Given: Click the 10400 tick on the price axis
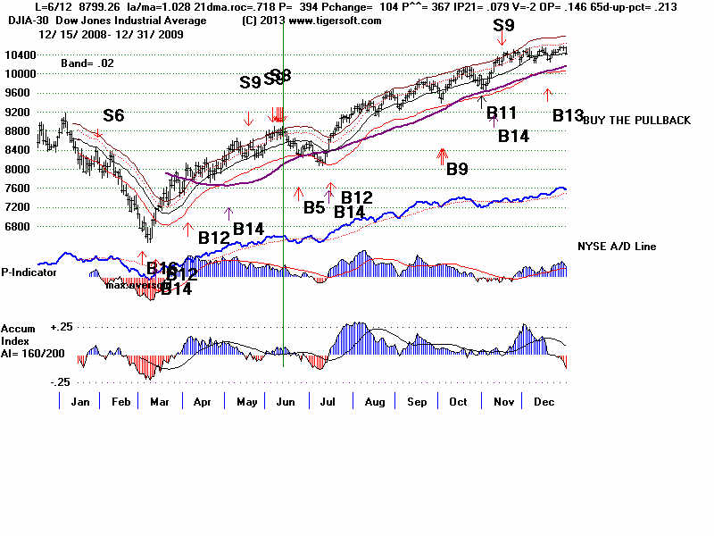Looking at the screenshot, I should [19, 54].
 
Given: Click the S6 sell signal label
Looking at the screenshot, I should [113, 115].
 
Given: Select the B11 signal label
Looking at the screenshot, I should [502, 112].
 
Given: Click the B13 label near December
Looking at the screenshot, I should [567, 115].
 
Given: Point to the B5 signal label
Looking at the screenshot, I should [314, 208].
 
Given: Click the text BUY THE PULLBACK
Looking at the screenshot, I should [636, 121].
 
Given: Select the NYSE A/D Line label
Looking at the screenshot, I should [617, 247].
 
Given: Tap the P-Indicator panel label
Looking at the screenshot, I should [29, 272].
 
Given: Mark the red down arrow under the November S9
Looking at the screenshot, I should [504, 38].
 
